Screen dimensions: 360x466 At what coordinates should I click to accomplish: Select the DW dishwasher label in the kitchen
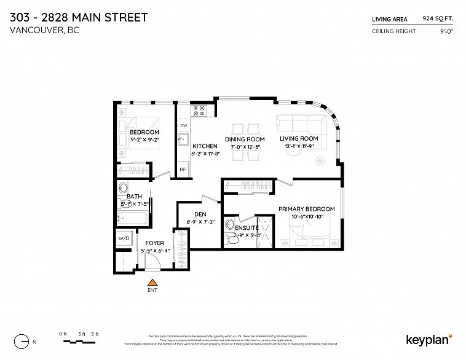point(183,125)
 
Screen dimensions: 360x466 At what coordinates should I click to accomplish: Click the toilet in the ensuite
point(232,239)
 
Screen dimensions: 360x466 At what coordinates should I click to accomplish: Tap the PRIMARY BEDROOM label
point(306,209)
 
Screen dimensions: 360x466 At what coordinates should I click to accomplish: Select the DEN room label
point(200,214)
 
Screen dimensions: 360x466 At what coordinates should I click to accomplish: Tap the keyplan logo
point(428,339)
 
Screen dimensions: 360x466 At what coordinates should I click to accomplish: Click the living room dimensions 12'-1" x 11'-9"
point(299,146)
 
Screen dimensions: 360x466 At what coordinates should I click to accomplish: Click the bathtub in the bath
point(132,218)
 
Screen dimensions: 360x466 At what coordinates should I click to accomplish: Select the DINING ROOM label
point(245,139)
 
